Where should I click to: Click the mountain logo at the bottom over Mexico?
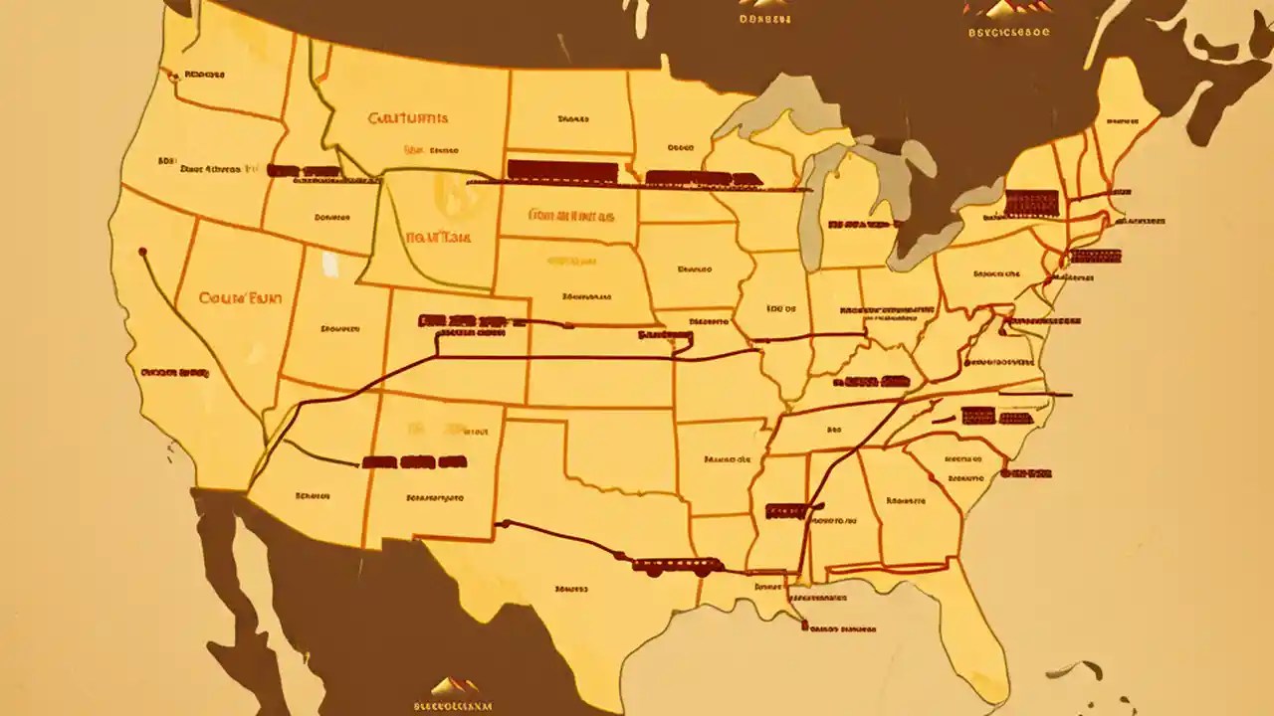point(454,685)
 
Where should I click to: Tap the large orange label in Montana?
point(408,117)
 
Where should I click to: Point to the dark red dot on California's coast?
point(143,252)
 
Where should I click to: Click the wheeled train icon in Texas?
point(678,566)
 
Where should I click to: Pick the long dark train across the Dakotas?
point(562,171)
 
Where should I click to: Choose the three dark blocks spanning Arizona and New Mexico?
point(414,461)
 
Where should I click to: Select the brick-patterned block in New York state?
point(1031,203)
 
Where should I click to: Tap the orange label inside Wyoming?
point(437,238)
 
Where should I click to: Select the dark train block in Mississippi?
point(786,510)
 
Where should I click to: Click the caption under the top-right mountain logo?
point(1009,31)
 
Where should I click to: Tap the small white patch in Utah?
point(329,263)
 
